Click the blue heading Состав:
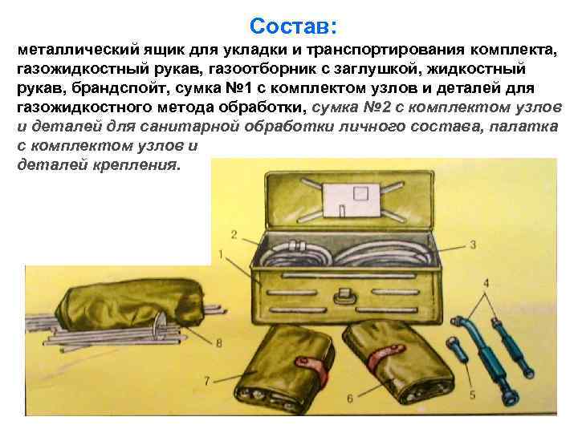point(294,26)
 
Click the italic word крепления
point(136,164)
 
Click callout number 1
point(221,254)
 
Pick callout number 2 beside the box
point(234,234)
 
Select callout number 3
point(474,245)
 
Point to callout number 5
point(472,395)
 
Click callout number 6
point(350,398)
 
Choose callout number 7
point(207,380)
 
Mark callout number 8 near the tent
point(219,343)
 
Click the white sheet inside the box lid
point(352,201)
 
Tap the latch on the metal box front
point(345,296)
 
